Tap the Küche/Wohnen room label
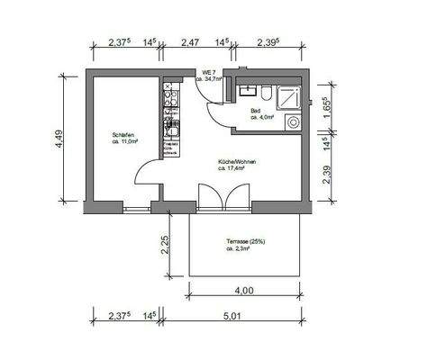(x=236, y=163)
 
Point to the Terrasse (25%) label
(x=245, y=243)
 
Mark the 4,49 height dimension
(x=59, y=139)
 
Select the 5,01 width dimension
(x=235, y=317)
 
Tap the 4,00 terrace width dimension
(x=243, y=290)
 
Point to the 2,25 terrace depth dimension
(x=164, y=246)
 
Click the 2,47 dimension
(x=189, y=42)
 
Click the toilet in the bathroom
(x=268, y=94)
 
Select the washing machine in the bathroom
(x=293, y=122)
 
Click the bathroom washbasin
(x=247, y=91)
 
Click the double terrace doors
(x=221, y=197)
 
